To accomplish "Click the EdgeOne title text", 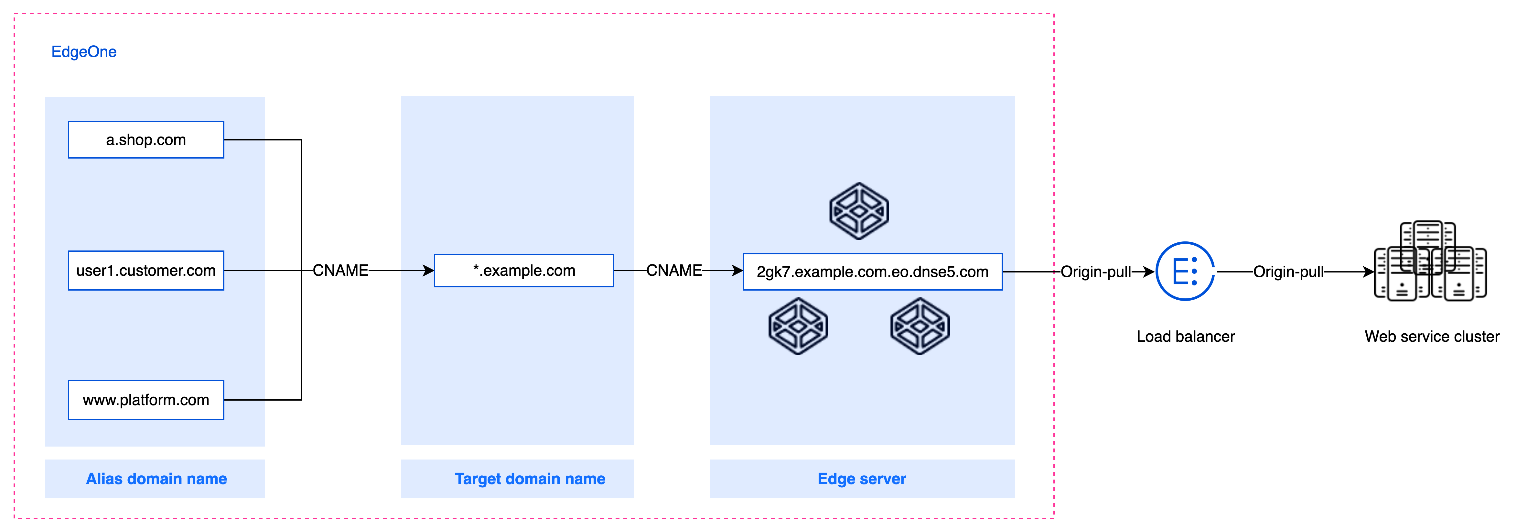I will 84,52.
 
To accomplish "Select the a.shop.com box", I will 146,139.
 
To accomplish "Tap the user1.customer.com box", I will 146,271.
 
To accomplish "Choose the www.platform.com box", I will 146,400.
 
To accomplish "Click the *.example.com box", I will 523,271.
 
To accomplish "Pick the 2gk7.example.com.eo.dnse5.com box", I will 872,272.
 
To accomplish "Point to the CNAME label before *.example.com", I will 340,271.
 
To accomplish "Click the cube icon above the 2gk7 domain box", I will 859,211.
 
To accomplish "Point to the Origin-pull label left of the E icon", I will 1095,272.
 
